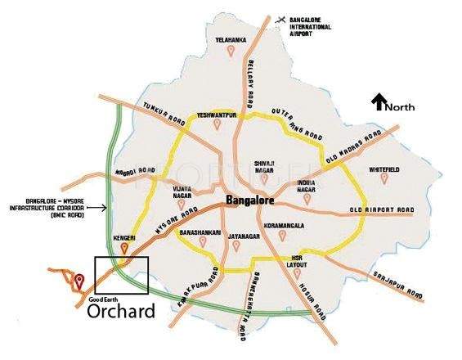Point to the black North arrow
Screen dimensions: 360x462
379,102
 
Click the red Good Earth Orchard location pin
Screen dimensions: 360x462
78,282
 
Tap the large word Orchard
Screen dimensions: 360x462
120,313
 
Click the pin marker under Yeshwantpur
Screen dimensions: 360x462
216,126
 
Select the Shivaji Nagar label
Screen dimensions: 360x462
268,165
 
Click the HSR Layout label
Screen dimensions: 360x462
299,260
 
